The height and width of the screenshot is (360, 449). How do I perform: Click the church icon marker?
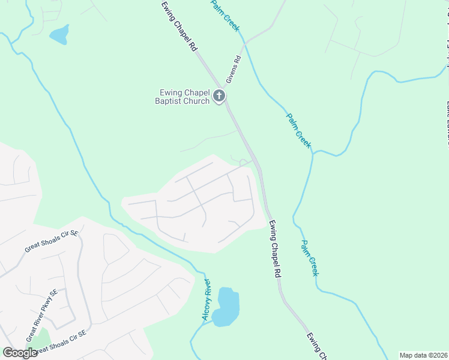(220, 95)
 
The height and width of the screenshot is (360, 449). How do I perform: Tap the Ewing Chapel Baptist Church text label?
(184, 96)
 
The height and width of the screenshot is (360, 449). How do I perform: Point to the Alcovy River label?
(206, 299)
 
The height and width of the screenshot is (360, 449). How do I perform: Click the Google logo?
(20, 352)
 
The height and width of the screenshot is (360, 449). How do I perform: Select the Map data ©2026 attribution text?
(423, 355)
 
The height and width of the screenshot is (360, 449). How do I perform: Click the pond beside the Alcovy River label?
(228, 307)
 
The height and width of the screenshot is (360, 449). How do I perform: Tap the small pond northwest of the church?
(59, 35)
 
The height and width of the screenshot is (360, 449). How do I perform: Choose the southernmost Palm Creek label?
(309, 258)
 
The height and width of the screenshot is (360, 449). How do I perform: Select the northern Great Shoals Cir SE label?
(52, 241)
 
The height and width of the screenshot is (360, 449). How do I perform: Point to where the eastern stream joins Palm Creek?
(313, 151)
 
